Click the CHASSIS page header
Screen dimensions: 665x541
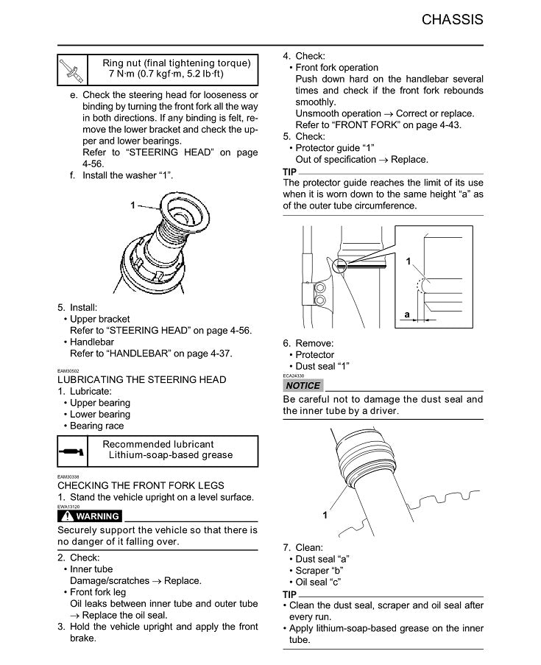pos(453,20)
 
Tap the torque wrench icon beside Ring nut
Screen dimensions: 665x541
pos(72,68)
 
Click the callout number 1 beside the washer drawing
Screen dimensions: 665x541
pos(133,205)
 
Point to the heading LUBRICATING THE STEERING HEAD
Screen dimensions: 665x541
pos(141,380)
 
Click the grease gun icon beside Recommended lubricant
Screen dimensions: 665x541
pos(73,449)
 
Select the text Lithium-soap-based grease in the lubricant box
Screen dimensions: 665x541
pos(171,455)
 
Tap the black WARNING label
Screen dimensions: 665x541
pos(89,516)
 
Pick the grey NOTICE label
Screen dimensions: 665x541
pos(303,386)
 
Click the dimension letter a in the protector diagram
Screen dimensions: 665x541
pos(406,314)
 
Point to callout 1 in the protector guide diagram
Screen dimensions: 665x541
pos(409,261)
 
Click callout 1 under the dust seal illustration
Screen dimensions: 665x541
pos(325,516)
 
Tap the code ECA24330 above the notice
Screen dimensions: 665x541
pos(293,376)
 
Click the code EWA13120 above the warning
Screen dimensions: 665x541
pos(68,507)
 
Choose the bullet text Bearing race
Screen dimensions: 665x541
pos(97,426)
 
